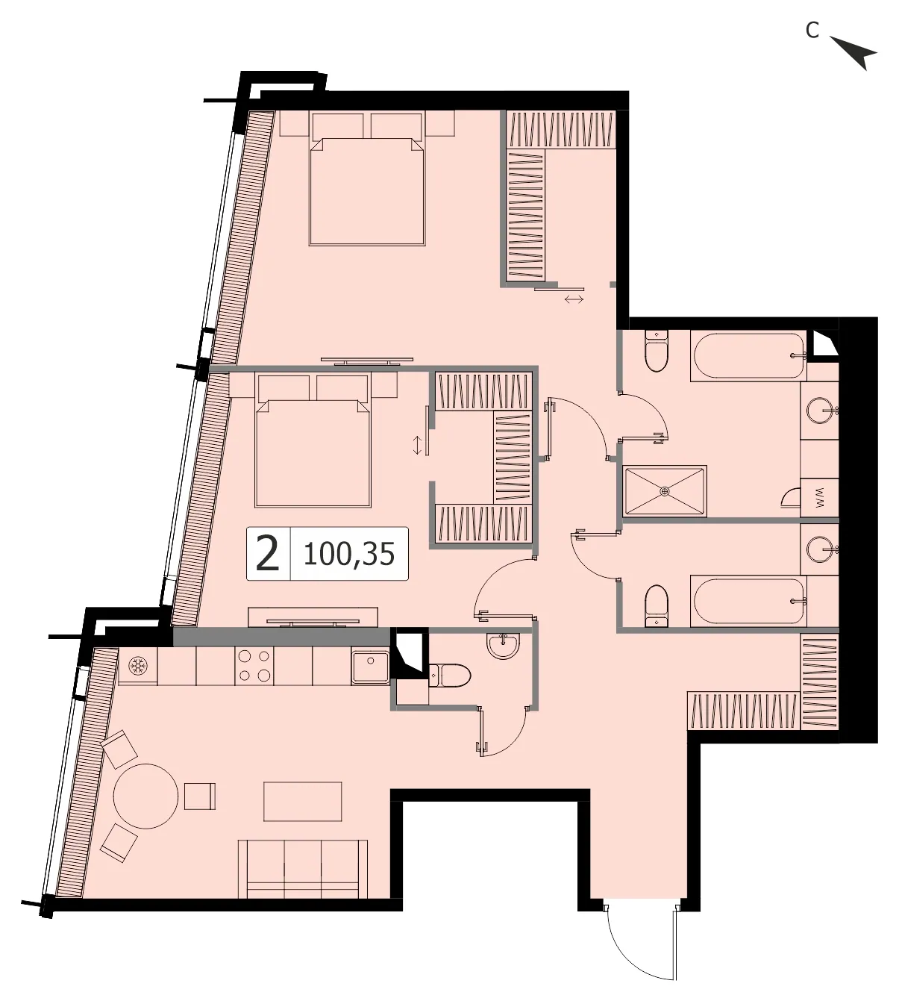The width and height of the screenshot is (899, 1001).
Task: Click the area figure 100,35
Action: (x=348, y=554)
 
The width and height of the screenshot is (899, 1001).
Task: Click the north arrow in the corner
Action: (x=853, y=52)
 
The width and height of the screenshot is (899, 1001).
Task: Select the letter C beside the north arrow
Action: (x=812, y=30)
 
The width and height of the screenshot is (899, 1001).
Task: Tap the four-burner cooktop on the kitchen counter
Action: (x=254, y=666)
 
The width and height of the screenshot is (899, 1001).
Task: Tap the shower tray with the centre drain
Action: (x=665, y=490)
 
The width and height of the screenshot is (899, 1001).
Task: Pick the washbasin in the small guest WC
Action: (x=503, y=644)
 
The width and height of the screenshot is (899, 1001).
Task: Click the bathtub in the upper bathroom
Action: (x=748, y=356)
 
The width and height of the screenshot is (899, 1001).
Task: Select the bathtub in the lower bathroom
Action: (x=748, y=601)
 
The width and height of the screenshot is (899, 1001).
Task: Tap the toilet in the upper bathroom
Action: (x=657, y=351)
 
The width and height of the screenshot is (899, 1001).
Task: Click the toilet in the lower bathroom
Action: (x=657, y=605)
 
